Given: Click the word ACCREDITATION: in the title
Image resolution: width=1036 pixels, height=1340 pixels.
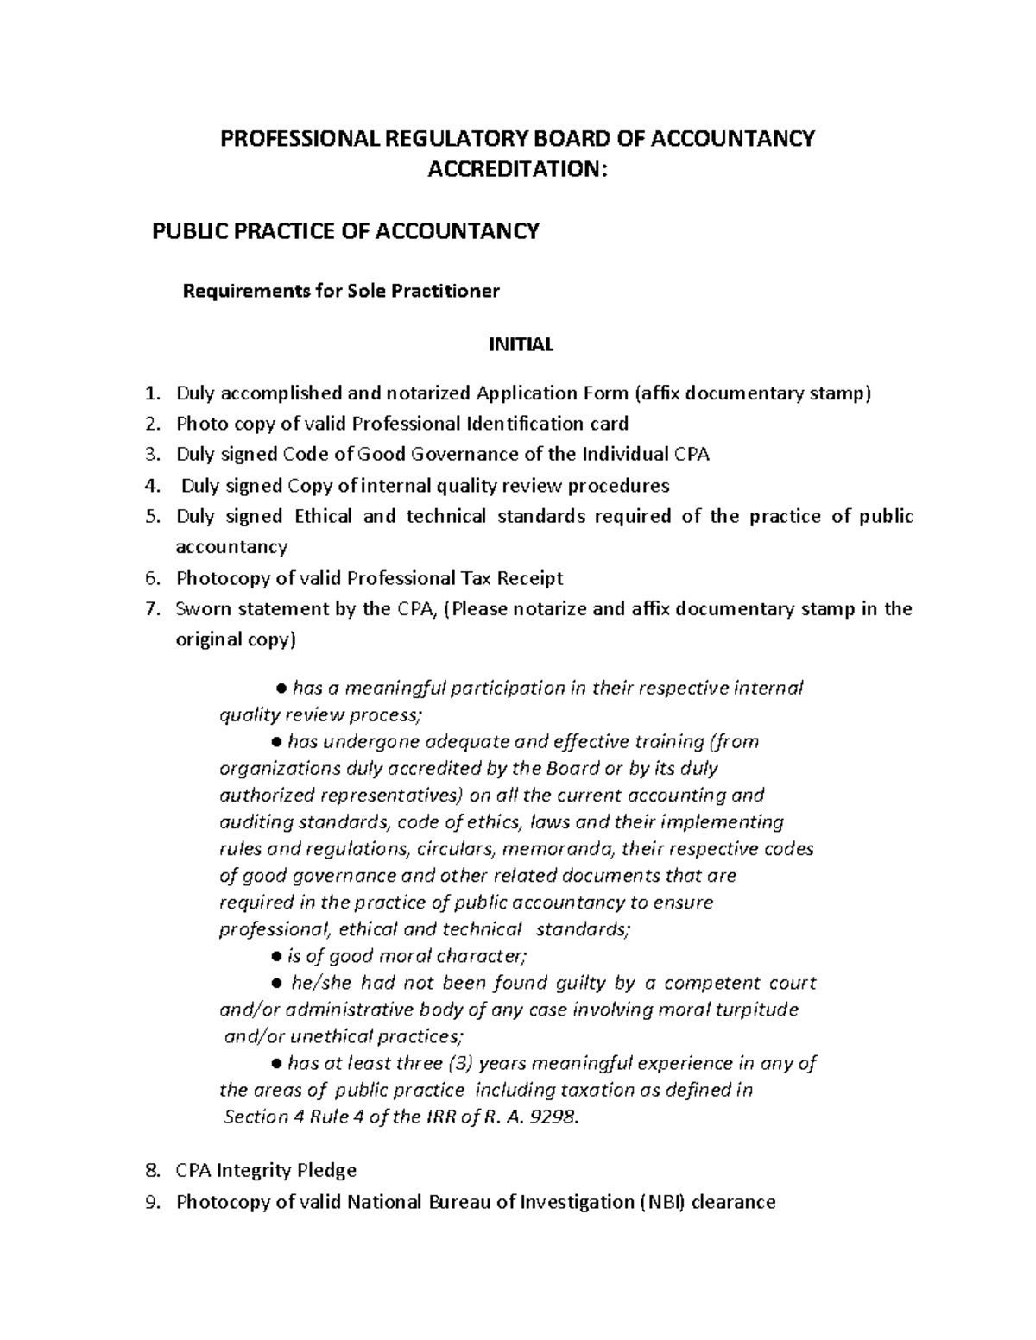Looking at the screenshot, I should pos(518,169).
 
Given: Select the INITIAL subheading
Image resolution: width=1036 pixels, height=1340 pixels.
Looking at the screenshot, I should pos(521,344).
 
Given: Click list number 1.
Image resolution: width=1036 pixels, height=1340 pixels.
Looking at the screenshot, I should pos(152,393).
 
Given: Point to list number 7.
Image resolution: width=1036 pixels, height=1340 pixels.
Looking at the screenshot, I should pos(152,609).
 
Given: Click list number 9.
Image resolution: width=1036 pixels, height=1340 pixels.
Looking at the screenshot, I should pos(152,1201).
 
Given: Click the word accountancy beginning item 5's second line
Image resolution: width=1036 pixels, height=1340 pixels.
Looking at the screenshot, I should pos(231,547).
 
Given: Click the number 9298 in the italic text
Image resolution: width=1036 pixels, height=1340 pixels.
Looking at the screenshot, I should pos(552,1117).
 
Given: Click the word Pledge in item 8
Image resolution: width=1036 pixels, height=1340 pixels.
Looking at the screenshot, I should pos(323,1170).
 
